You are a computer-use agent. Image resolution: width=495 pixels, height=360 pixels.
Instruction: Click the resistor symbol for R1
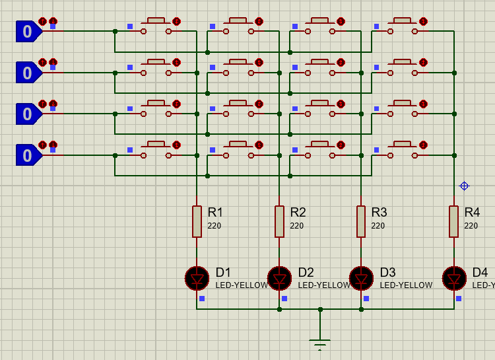(x=197, y=221)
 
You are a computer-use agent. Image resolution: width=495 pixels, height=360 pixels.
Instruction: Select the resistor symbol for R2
(x=279, y=221)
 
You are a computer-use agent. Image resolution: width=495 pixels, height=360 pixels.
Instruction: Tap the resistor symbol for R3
(x=361, y=221)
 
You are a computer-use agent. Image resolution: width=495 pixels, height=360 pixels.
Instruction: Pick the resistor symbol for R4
(x=454, y=221)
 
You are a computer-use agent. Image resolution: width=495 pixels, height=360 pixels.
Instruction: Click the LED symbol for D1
(x=197, y=279)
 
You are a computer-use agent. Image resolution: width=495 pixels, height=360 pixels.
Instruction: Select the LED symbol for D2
(x=279, y=279)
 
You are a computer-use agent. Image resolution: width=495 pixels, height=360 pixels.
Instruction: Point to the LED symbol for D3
(x=361, y=279)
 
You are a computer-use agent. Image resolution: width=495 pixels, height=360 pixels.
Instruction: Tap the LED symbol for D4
(x=454, y=279)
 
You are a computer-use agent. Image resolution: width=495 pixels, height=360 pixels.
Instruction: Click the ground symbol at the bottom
(x=320, y=343)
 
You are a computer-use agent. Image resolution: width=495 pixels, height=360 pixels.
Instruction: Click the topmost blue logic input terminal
(x=28, y=31)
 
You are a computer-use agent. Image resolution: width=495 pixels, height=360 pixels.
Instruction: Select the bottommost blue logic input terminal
(x=28, y=155)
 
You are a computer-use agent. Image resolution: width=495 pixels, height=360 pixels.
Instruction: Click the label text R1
(x=215, y=212)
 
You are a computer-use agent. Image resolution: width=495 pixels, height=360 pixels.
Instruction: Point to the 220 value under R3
(x=378, y=226)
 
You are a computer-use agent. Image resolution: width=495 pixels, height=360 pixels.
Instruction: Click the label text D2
(x=306, y=272)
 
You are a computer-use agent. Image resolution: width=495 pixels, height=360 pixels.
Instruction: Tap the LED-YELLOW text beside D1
(x=242, y=285)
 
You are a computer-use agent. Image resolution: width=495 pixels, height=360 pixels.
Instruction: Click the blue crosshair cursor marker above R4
(x=464, y=186)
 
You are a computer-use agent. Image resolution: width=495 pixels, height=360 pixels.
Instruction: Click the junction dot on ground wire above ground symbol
(x=320, y=309)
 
